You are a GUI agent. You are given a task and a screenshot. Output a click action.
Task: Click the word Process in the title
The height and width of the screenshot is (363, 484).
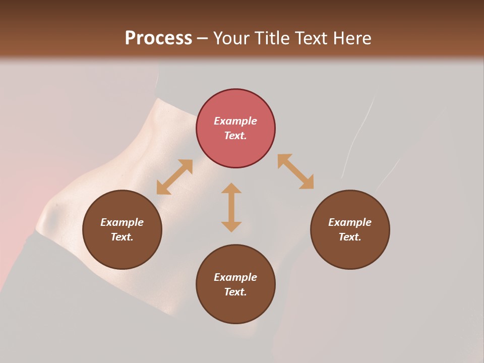pyautogui.click(x=158, y=38)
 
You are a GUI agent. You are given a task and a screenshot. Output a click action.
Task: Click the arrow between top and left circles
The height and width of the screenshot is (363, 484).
pyautogui.click(x=174, y=177)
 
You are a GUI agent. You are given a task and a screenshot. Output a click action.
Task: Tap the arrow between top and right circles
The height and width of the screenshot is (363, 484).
pyautogui.click(x=295, y=171)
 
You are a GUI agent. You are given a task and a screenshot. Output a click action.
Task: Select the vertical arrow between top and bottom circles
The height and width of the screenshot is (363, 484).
pyautogui.click(x=231, y=207)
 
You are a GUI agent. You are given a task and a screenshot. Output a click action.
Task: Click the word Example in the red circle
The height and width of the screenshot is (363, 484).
pyautogui.click(x=235, y=121)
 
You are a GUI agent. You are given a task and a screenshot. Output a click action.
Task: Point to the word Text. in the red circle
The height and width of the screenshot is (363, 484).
pyautogui.click(x=235, y=136)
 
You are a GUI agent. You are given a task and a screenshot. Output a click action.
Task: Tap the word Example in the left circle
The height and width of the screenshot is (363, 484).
pyautogui.click(x=122, y=222)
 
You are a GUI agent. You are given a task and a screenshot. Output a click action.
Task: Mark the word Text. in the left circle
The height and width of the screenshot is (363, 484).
pyautogui.click(x=122, y=237)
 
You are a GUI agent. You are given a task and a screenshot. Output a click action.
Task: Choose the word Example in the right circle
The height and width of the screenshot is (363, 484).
pyautogui.click(x=350, y=222)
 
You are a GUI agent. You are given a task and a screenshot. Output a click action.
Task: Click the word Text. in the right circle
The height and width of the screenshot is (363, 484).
pyautogui.click(x=350, y=237)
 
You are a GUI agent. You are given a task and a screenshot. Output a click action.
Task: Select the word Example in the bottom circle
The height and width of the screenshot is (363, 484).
pyautogui.click(x=235, y=277)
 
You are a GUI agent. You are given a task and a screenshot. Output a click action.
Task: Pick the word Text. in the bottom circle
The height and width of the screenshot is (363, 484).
pyautogui.click(x=235, y=292)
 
